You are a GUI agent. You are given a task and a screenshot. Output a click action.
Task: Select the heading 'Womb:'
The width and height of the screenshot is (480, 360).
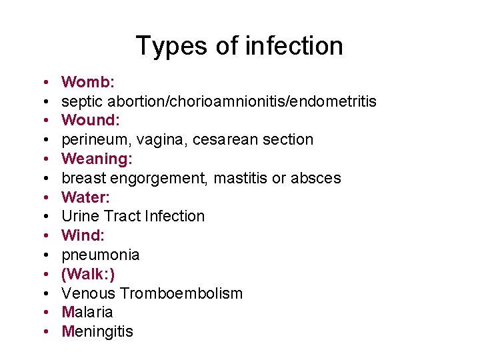88,82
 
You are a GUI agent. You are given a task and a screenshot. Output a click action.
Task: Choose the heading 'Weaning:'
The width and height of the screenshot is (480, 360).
97,159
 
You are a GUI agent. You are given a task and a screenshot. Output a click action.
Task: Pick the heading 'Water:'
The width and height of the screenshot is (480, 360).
86,197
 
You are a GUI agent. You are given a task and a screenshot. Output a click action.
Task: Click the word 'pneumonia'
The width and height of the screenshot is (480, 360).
101,255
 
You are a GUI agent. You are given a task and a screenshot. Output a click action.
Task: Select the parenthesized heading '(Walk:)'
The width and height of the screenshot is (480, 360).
88,274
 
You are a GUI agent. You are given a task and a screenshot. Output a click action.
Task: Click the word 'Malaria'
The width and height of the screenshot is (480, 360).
87,312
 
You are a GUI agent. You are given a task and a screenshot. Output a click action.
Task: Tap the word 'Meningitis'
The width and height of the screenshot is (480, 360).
97,331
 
